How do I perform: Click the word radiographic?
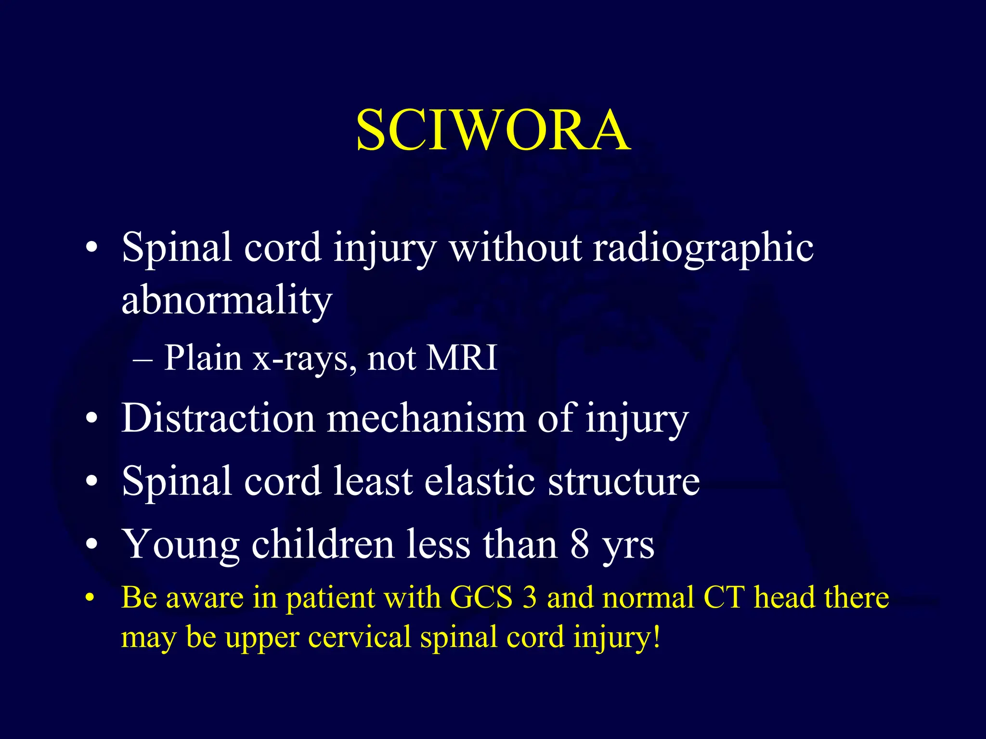[703, 248]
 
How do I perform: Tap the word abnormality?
[227, 301]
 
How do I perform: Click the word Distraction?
[218, 418]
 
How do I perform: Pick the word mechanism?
[426, 418]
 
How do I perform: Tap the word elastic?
[480, 481]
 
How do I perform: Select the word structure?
[624, 481]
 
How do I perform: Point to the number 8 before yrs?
[580, 544]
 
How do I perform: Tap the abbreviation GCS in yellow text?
[481, 598]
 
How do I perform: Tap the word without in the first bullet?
[515, 248]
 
